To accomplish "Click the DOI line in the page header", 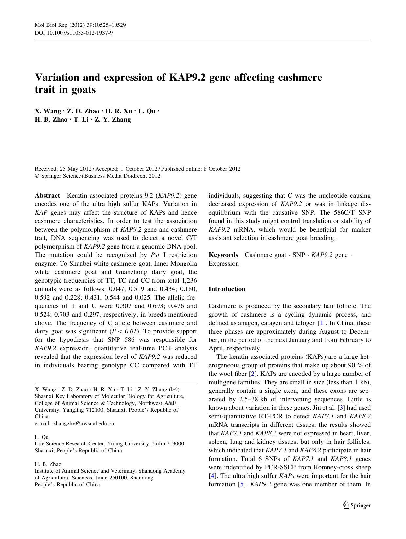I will (74, 33).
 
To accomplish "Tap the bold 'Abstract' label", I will (47, 196).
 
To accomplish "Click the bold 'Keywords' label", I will (223, 255).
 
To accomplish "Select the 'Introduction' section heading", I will (227, 289).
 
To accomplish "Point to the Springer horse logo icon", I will (346, 505).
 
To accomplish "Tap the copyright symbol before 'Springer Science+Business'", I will (37, 176).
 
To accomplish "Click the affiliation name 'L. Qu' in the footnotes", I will (42, 437).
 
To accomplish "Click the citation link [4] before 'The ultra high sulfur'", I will (212, 476).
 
